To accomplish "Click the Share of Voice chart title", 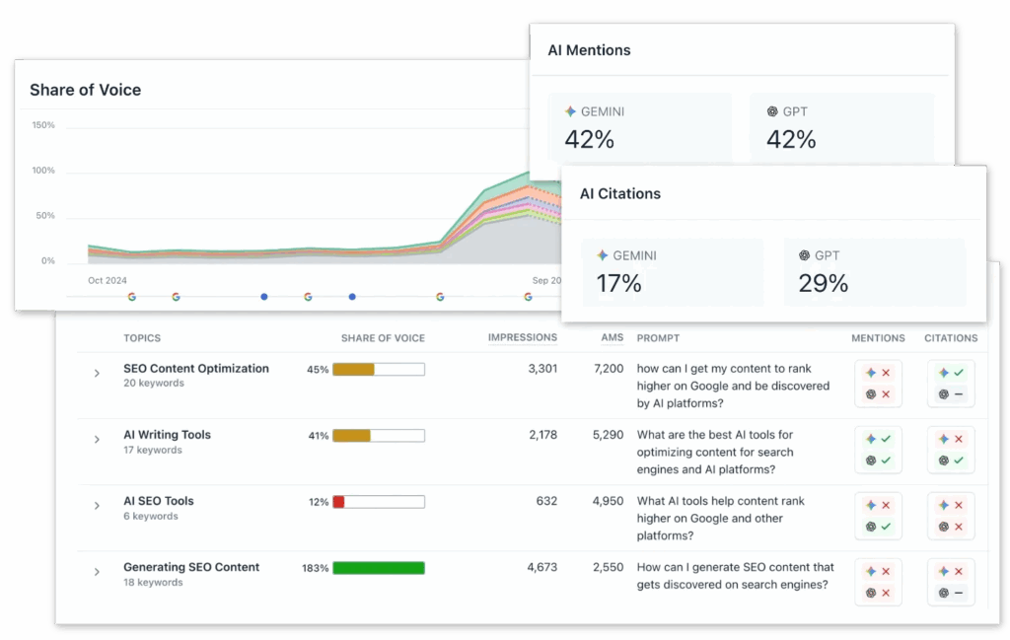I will tap(85, 90).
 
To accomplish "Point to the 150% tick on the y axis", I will tap(43, 125).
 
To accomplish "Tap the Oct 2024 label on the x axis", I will tap(108, 281).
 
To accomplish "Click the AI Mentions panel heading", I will tap(589, 50).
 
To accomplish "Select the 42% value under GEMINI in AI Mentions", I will tap(589, 140).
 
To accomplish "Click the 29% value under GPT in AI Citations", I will tap(824, 284).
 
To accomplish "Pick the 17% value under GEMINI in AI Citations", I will tap(618, 284).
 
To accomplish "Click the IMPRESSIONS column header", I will tap(523, 337).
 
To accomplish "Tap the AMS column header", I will tap(612, 337).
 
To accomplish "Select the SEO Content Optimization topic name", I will tap(195, 369).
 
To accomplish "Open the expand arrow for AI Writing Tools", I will tap(97, 440).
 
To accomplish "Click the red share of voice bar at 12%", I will tap(338, 502).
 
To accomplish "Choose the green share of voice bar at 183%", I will tap(379, 568).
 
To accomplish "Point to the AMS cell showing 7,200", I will tap(608, 369).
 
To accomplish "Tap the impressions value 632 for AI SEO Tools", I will tap(546, 502).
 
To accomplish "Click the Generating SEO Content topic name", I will tap(191, 568).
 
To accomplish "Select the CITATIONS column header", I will tap(951, 338).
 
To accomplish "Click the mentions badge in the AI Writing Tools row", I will tap(878, 450).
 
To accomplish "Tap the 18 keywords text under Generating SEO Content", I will tap(153, 583).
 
